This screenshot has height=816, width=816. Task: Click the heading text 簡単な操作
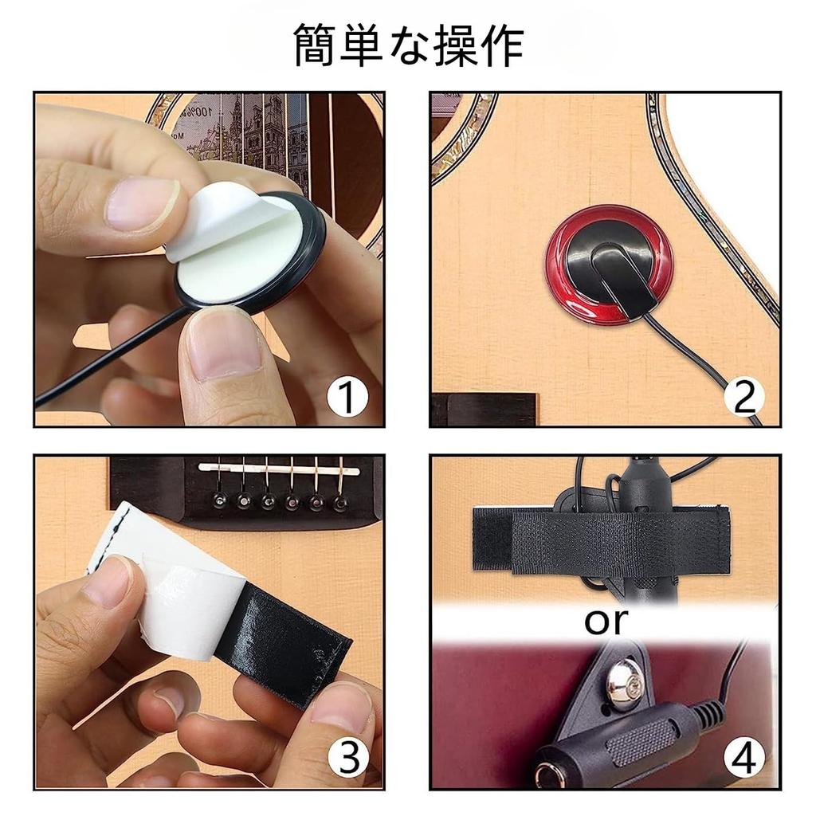[x=408, y=46]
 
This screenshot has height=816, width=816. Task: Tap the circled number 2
[x=743, y=396]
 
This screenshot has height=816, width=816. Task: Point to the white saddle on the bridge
[x=279, y=469]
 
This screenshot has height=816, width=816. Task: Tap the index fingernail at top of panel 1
[x=143, y=203]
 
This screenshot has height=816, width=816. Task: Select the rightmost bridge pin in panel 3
[x=340, y=503]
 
